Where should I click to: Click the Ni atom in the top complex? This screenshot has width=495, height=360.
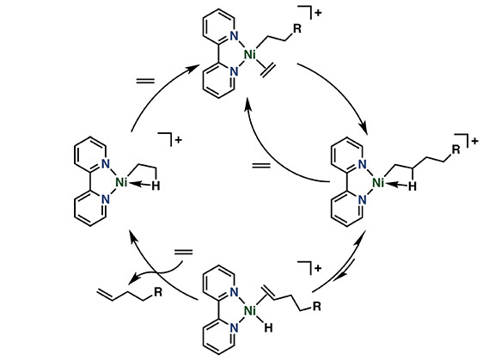(250, 55)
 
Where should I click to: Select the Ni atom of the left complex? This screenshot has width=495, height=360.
(121, 182)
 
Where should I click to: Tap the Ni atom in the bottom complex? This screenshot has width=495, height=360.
(250, 311)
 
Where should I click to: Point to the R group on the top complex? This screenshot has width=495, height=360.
(297, 28)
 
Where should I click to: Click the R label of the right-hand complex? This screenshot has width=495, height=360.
(456, 149)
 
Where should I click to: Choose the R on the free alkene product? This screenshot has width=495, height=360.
(157, 292)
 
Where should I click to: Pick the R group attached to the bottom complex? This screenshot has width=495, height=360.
(316, 306)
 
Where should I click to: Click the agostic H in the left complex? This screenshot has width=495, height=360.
(156, 186)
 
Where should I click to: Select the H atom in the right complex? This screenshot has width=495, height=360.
(412, 186)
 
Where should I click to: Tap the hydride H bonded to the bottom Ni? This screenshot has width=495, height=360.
(268, 328)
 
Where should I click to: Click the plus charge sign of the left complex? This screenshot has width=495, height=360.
(179, 140)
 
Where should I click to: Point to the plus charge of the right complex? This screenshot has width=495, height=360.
(474, 142)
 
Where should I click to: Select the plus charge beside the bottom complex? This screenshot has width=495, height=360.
(318, 268)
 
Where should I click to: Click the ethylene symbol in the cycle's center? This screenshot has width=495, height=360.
(261, 165)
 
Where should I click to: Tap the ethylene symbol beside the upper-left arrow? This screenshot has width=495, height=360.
(145, 81)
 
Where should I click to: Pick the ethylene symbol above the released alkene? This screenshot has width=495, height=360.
(183, 252)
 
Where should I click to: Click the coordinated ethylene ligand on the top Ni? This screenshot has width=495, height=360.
(268, 70)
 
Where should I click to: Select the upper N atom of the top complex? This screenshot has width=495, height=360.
(234, 35)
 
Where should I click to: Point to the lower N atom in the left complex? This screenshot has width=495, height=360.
(106, 199)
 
